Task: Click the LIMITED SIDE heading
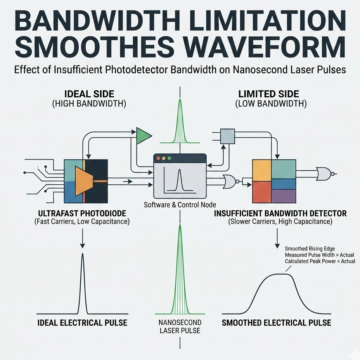click(268, 94)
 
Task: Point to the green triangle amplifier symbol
click(143, 136)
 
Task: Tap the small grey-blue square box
click(227, 136)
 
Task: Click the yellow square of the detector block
click(262, 170)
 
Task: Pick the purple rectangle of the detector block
click(283, 196)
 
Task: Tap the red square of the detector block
click(262, 192)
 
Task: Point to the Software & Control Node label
click(180, 204)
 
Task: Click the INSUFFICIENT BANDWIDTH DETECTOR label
click(280, 213)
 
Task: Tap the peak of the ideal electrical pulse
click(83, 254)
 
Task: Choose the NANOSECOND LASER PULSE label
click(180, 326)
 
